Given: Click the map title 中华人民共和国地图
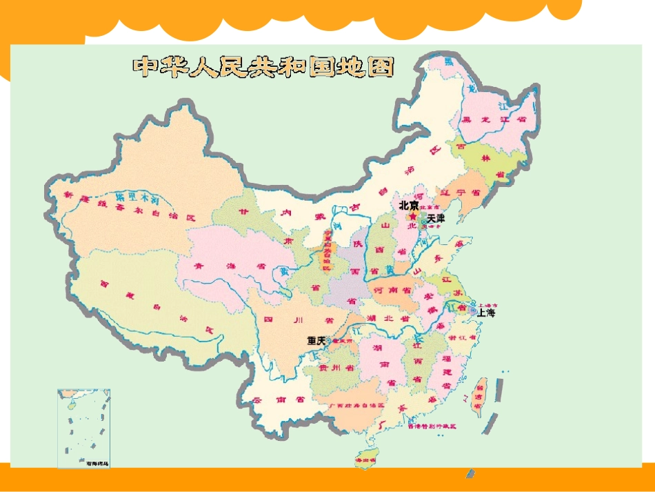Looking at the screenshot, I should coord(263,66).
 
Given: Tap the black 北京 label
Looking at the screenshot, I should coord(408,206).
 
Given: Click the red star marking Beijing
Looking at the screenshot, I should coord(412,217).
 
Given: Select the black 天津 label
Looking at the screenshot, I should coord(436,218).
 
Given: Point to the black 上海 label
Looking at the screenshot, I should coord(486,313).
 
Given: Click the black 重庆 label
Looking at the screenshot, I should coord(316,341).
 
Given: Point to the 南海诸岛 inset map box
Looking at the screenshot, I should coord(83,429).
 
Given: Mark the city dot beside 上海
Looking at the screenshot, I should coord(473,311).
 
